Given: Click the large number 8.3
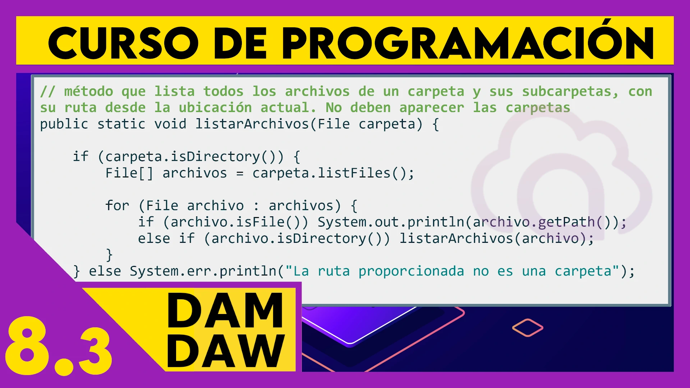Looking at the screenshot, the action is pos(59,346).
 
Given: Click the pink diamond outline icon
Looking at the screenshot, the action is pos(528,328).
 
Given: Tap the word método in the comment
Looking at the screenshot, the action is pos(88,91).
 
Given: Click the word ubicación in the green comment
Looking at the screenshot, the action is pos(215,108).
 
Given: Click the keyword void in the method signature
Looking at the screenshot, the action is pos(170,124).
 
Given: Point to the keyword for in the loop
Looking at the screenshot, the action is pos(117,205).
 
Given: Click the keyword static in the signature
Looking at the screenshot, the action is pos(121,124).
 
